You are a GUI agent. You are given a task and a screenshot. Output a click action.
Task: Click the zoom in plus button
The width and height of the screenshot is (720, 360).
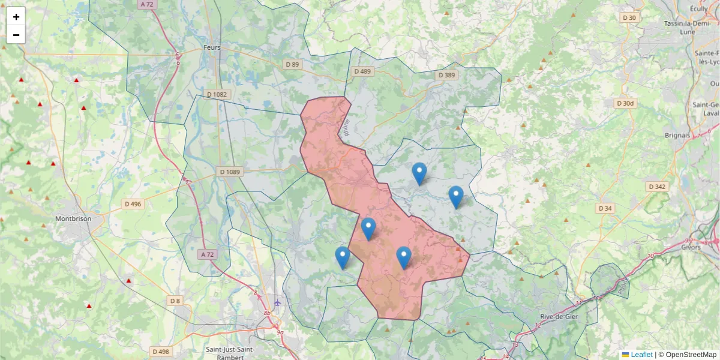pos(16,17)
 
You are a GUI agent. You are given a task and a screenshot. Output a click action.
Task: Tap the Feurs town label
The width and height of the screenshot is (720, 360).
pos(212,47)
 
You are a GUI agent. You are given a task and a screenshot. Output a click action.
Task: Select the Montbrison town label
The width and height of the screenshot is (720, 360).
pos(73,219)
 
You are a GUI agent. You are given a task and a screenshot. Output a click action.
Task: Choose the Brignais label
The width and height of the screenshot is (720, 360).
pos(677,135)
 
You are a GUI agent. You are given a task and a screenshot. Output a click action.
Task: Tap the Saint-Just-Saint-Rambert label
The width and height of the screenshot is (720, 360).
pos(230,353)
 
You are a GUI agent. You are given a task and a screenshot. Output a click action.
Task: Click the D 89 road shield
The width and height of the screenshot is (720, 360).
pos(292,64)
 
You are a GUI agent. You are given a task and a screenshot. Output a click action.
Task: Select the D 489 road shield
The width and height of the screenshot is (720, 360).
pos(362,71)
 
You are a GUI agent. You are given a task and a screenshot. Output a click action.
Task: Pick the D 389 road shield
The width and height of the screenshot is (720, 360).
pos(446,75)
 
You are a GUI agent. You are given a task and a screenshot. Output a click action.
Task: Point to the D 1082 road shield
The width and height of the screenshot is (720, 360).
pos(217,94)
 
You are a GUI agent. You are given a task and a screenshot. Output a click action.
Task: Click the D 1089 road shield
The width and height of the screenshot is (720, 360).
pos(230,172)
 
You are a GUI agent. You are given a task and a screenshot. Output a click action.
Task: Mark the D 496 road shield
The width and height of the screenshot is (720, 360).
pos(133,204)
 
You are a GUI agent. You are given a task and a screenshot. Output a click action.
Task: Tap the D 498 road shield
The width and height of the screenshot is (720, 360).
pos(160,352)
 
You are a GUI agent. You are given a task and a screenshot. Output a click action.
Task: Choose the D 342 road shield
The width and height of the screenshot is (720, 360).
pos(658,187)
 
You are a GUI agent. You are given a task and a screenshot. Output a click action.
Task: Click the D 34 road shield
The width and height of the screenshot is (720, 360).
pos(605,208)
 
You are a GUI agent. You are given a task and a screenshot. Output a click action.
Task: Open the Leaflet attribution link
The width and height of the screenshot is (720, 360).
pos(641,355)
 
